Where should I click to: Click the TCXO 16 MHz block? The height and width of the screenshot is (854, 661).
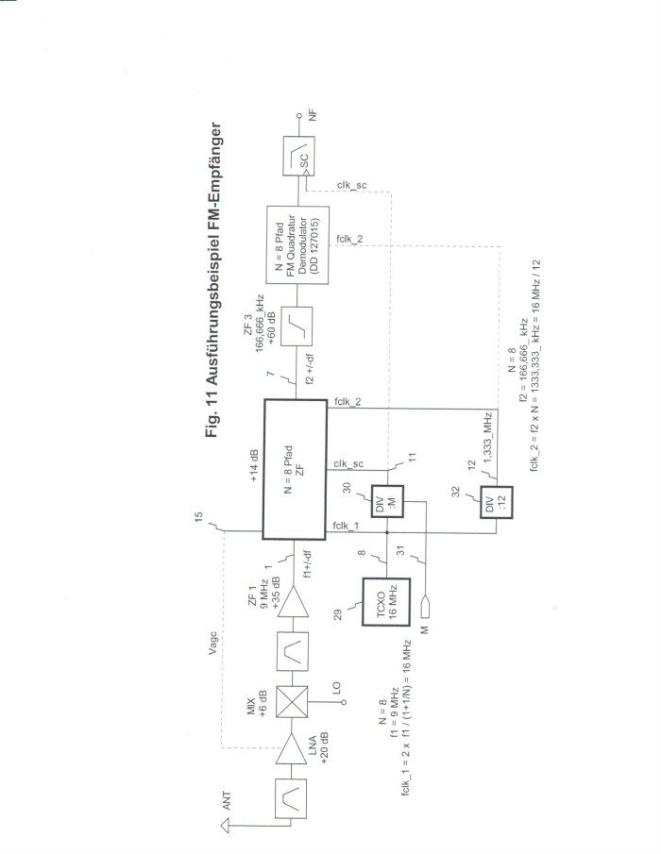[386, 602]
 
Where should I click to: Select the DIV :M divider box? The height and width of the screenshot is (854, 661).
[387, 502]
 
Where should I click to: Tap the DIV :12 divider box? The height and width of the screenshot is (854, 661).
[497, 502]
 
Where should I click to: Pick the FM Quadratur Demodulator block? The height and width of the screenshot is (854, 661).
[297, 244]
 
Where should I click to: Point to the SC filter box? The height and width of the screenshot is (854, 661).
[298, 156]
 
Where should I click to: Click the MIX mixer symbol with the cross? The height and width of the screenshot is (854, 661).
[292, 702]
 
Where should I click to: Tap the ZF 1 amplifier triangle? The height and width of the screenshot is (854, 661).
[293, 602]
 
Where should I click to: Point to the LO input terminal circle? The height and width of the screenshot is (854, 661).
[344, 703]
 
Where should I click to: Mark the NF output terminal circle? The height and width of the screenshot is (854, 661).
[298, 116]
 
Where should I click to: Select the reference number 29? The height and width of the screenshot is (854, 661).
[338, 614]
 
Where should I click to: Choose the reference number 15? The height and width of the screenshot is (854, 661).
[199, 517]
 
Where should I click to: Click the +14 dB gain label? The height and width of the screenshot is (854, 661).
[253, 465]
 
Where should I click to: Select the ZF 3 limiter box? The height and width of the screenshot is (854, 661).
[297, 327]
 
